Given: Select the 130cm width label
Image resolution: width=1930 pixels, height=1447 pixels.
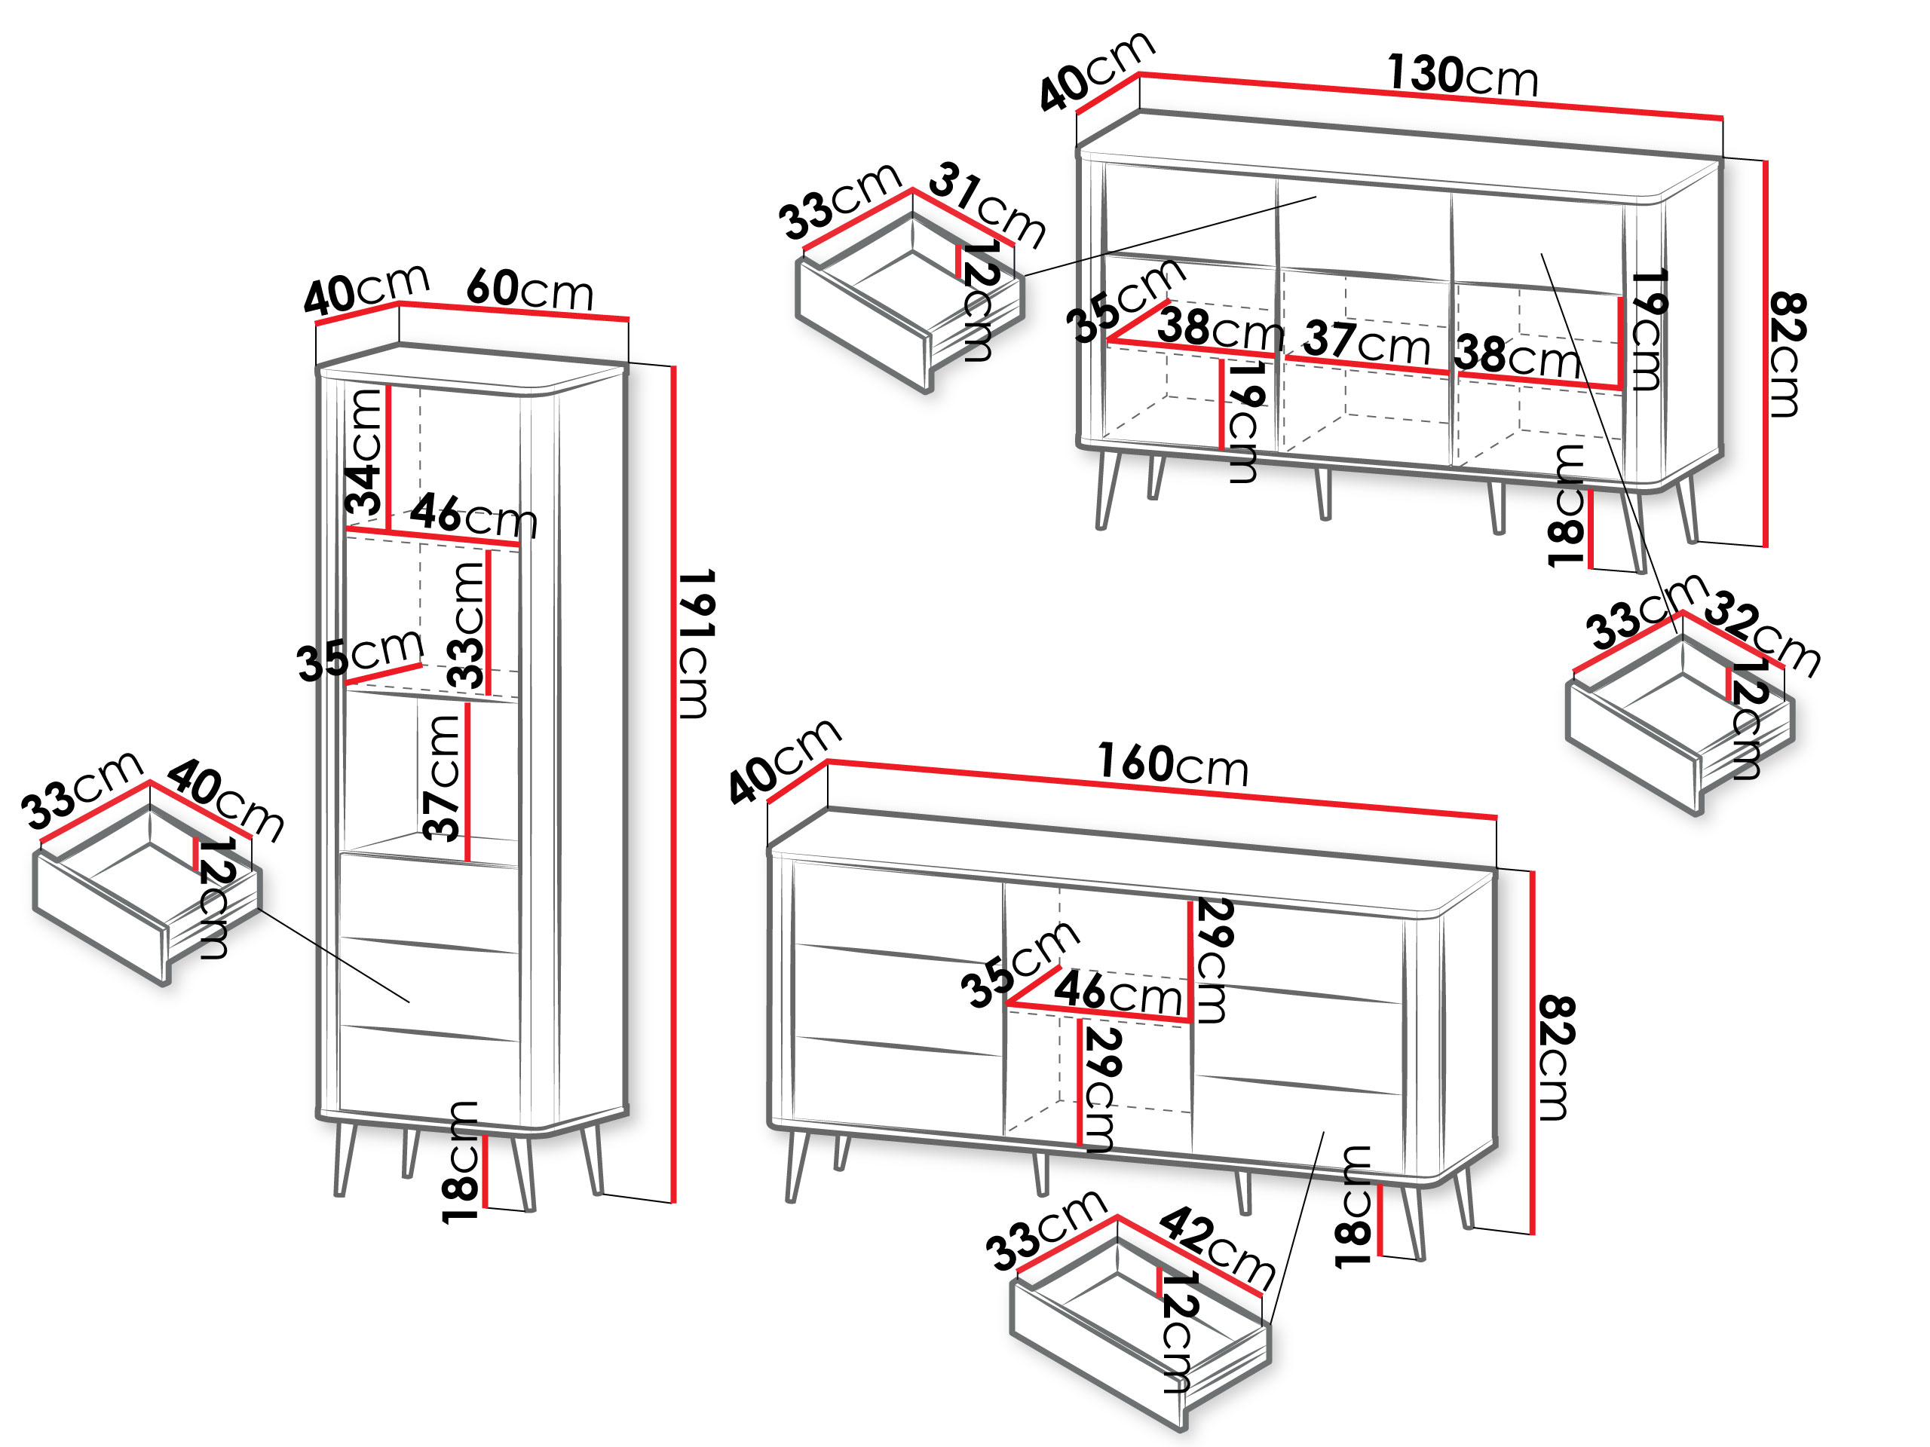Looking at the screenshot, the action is [1463, 75].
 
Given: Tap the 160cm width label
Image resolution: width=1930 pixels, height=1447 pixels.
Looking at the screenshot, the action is [1172, 764].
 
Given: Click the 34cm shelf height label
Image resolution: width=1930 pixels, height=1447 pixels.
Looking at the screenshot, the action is [364, 451].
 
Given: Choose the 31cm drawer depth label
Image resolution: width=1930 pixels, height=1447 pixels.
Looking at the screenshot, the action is [987, 205].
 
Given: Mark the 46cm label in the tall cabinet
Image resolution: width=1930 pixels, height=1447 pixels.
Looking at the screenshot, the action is [473, 515].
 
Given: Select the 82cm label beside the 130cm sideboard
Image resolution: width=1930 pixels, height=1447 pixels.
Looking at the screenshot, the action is [1787, 355].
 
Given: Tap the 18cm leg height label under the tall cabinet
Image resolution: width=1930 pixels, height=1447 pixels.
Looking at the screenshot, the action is [460, 1162].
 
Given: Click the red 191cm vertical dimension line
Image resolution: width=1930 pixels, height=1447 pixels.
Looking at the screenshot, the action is [673, 784].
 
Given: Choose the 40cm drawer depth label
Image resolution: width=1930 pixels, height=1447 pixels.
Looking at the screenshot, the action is [225, 800].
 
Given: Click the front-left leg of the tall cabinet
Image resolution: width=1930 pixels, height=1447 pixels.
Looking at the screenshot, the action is [345, 1160].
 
